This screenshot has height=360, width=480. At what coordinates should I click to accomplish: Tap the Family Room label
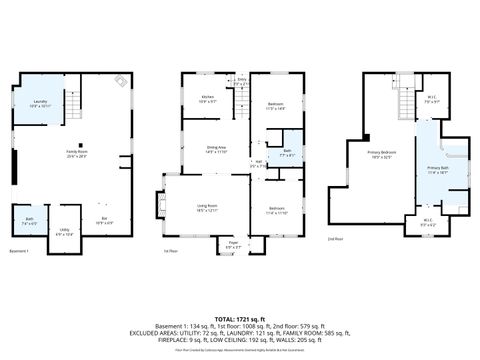coord(75,153)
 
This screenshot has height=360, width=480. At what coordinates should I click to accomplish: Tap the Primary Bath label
coord(438,170)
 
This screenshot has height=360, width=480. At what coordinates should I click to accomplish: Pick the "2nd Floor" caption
coord(335,239)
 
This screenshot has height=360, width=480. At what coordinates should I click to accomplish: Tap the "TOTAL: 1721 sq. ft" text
coord(240,317)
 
